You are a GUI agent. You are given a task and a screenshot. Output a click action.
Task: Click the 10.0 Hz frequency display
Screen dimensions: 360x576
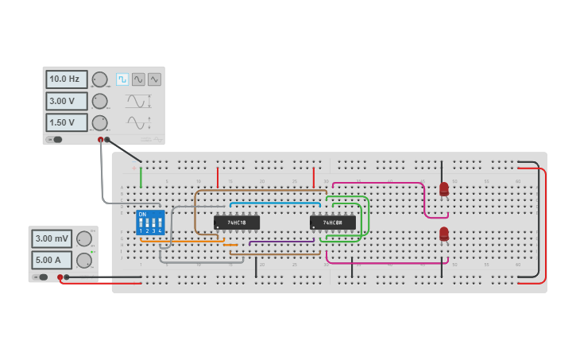[x=67, y=79]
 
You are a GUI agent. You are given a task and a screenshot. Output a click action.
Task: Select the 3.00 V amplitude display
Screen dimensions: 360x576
[x=67, y=101]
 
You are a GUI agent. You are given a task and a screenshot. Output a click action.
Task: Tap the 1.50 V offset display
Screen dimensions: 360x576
[x=67, y=122]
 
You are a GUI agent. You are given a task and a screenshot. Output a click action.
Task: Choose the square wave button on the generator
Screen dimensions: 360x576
[x=122, y=79]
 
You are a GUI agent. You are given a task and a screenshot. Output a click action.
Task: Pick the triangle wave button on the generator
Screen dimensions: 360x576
[x=154, y=79]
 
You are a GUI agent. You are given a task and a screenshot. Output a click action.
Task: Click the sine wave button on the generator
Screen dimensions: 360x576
[x=138, y=79]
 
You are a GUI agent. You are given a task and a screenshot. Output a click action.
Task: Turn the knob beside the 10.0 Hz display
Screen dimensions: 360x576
[x=99, y=79]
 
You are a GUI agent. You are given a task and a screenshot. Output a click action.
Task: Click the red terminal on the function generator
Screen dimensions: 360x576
[x=101, y=140]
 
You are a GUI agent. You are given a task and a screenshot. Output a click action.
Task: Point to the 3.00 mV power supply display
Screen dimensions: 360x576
[x=52, y=238]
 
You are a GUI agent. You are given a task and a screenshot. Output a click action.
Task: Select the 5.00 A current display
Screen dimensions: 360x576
[x=52, y=260]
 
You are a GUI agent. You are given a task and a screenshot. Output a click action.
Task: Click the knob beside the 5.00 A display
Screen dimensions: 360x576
[x=83, y=260]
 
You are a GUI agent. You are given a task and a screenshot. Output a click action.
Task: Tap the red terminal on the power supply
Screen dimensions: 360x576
[x=60, y=277]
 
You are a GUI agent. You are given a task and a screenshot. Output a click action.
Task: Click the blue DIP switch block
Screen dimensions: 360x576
[x=150, y=222]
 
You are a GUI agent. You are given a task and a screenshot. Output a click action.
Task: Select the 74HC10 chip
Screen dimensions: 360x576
[x=237, y=223]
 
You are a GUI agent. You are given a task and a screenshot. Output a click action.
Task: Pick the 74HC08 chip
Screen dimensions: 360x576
[x=332, y=223]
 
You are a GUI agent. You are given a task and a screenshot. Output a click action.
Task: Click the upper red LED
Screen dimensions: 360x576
[x=444, y=189]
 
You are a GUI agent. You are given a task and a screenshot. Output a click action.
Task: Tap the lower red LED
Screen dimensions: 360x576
[x=444, y=234]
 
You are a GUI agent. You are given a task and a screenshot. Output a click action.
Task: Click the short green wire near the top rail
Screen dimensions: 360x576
[x=141, y=176]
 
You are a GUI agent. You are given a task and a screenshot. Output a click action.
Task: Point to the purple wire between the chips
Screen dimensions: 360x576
[x=282, y=242]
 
